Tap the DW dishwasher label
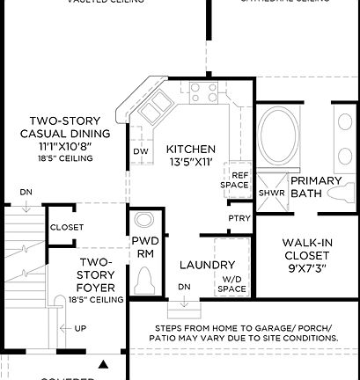tap(140, 152)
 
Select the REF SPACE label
tap(236, 179)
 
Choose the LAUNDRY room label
tap(206, 265)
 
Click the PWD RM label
tap(144, 246)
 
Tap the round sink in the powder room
tap(143, 219)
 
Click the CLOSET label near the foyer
tap(67, 227)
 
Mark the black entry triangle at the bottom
tap(104, 362)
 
